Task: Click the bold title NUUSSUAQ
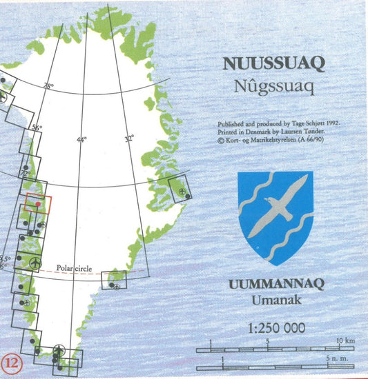(x=274, y=64)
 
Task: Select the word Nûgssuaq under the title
(x=274, y=87)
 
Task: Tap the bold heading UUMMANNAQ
(x=275, y=285)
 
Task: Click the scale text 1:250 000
(x=275, y=327)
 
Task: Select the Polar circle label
(x=75, y=260)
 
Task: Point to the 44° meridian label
(x=81, y=140)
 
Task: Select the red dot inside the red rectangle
(x=38, y=205)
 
